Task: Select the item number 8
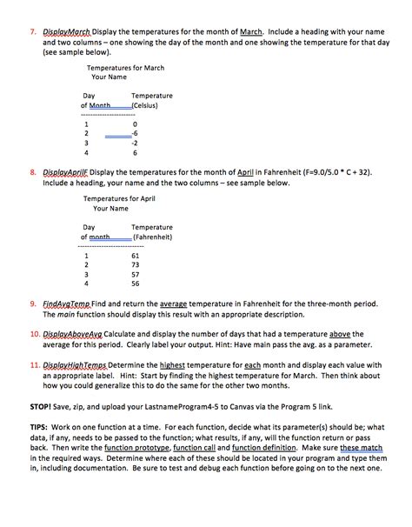(x=33, y=172)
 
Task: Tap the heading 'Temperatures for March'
(x=126, y=67)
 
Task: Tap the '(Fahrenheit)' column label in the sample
(x=153, y=236)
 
